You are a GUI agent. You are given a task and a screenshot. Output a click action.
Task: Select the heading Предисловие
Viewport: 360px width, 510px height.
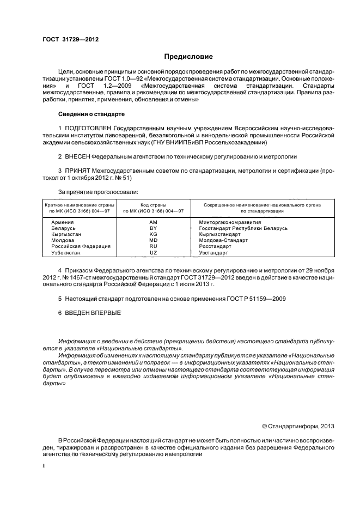point(188,57)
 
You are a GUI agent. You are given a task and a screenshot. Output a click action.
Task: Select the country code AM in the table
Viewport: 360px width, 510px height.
point(153,222)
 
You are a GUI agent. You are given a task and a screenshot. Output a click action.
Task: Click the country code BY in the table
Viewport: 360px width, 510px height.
point(153,228)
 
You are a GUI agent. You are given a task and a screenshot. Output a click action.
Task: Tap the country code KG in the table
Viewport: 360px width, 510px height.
point(153,234)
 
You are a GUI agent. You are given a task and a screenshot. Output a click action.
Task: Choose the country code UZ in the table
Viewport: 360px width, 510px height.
point(153,253)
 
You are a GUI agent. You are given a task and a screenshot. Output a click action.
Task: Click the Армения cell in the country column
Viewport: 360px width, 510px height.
point(63,222)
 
